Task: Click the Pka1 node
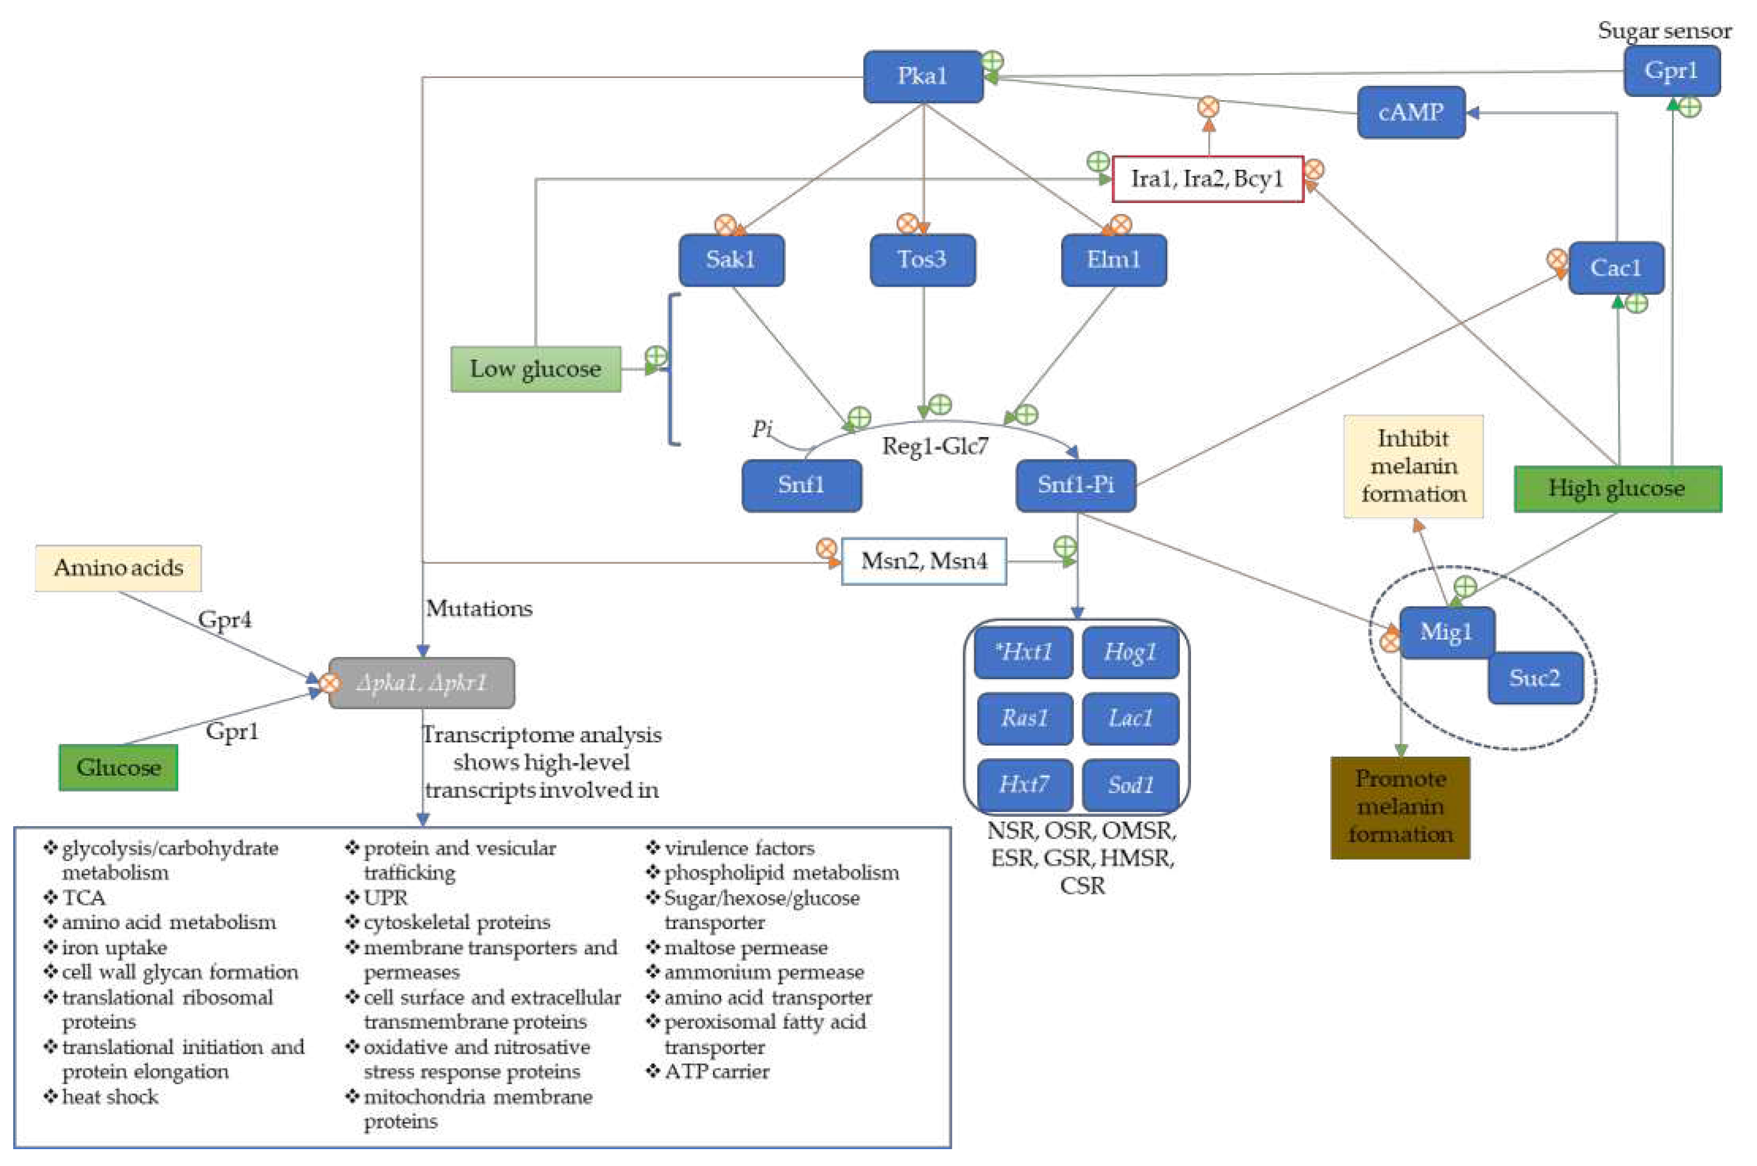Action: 922,76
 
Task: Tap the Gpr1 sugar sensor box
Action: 1670,71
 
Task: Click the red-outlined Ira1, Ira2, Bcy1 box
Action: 1206,179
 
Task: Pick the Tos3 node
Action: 922,260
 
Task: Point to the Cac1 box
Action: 1615,268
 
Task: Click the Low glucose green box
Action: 535,369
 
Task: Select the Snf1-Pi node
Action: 1075,485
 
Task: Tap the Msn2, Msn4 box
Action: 923,561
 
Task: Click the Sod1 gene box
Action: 1130,785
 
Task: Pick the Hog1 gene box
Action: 1130,652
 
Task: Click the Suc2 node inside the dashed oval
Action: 1534,678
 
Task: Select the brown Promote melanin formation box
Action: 1399,807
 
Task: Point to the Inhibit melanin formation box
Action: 1413,466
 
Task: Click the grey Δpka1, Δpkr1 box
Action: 422,683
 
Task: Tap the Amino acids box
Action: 118,568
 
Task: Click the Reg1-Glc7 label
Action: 935,446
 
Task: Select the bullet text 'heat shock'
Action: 110,1097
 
